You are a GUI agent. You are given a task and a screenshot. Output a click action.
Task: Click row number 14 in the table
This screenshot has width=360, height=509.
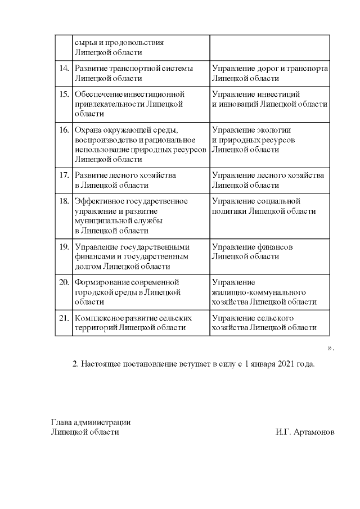pos(64,68)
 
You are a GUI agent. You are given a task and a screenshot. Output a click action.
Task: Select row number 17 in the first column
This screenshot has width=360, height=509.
pos(64,175)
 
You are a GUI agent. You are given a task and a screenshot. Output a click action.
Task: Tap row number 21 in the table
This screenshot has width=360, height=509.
pos(64,318)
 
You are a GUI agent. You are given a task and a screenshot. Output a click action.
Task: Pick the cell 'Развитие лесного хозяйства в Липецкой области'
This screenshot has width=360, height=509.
pos(125,180)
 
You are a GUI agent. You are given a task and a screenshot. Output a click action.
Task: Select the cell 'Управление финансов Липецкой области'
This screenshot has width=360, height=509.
pos(253,251)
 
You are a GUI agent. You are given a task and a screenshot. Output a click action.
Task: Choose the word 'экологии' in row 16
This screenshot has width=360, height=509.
pos(275,129)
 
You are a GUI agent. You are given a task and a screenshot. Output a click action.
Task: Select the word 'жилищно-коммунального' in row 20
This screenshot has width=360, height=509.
pos(259,292)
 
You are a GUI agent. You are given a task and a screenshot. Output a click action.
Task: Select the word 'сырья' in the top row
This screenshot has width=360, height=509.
pos(84,42)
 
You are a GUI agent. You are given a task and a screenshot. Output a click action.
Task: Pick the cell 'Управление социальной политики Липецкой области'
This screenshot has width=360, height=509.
pos(264,206)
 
